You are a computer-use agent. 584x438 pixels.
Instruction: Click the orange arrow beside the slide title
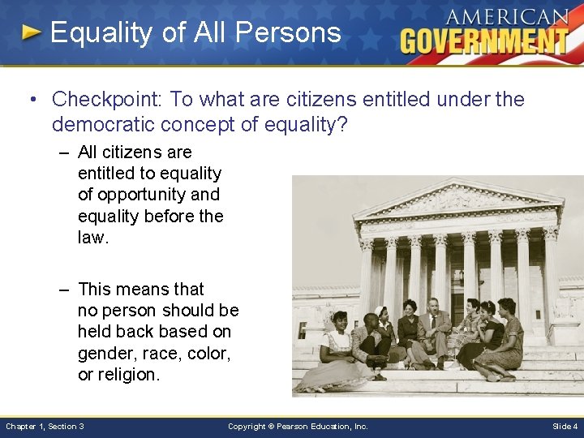tap(32, 33)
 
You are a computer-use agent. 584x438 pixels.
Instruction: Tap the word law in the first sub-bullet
tap(91, 237)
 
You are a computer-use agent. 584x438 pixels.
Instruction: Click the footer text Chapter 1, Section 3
tap(45, 426)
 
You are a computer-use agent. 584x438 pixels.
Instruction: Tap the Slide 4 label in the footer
tap(565, 426)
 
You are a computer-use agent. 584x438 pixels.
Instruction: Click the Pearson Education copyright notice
tap(298, 426)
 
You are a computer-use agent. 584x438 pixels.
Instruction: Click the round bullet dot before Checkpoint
tap(29, 100)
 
